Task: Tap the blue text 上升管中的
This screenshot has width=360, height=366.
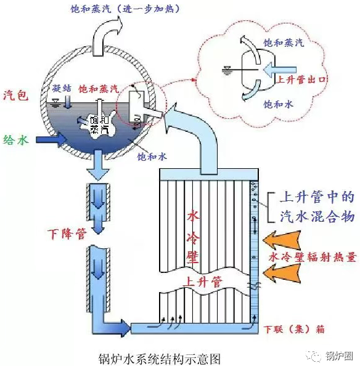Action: click(317, 197)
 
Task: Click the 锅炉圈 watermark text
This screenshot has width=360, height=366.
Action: click(338, 356)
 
